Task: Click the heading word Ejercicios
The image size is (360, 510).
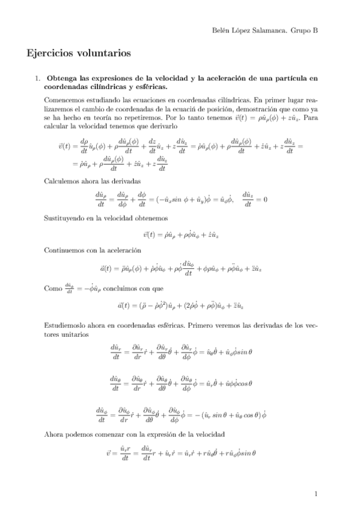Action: [x=49, y=54]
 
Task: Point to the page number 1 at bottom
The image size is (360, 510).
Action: [x=316, y=494]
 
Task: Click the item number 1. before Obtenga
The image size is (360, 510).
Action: [x=37, y=79]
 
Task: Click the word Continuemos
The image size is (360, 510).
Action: [x=65, y=249]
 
